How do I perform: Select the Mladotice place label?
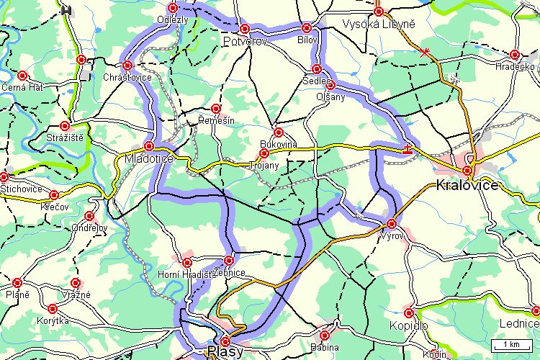coord(148,158)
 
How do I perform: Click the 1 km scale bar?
coord(512,343)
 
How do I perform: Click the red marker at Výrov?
coord(391,223)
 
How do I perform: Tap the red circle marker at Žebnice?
coord(229,260)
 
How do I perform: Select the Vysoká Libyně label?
coord(379,24)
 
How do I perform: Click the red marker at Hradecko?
coord(514,55)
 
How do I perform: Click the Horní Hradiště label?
coord(184,274)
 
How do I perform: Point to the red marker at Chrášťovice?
coord(127,66)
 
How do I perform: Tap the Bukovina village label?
coord(278,144)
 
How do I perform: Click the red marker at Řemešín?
coord(215,109)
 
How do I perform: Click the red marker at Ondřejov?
coord(89,215)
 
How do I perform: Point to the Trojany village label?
coord(263,165)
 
